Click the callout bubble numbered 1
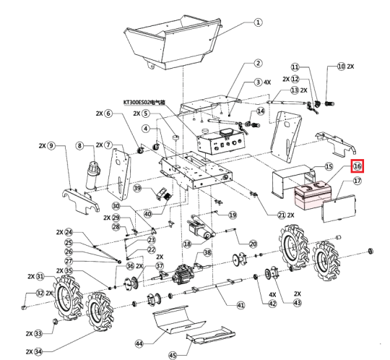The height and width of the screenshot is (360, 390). tap(258, 22)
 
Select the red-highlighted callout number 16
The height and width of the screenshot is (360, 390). tap(357, 166)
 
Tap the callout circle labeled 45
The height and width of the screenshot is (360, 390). tap(173, 355)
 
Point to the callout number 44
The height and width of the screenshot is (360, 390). tap(139, 344)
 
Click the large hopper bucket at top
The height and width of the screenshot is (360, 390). tap(172, 43)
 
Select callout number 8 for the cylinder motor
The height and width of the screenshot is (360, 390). tap(79, 145)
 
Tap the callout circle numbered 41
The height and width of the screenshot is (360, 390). tap(240, 305)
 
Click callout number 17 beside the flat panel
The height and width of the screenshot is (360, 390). tap(357, 181)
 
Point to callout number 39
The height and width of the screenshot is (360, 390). tap(137, 188)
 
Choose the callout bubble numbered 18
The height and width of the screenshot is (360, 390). tap(187, 244)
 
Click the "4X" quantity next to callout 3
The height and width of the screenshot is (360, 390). tap(267, 82)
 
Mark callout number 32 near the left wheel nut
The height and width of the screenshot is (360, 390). tap(40, 293)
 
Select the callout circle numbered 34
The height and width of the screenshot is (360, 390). tap(38, 352)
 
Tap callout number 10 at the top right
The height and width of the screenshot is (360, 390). tap(342, 67)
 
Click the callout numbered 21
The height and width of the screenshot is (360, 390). tap(282, 215)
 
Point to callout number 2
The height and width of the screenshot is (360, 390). tap(258, 63)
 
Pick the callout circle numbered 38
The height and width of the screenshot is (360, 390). tap(207, 252)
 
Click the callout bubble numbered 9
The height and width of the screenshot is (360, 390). tap(51, 145)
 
